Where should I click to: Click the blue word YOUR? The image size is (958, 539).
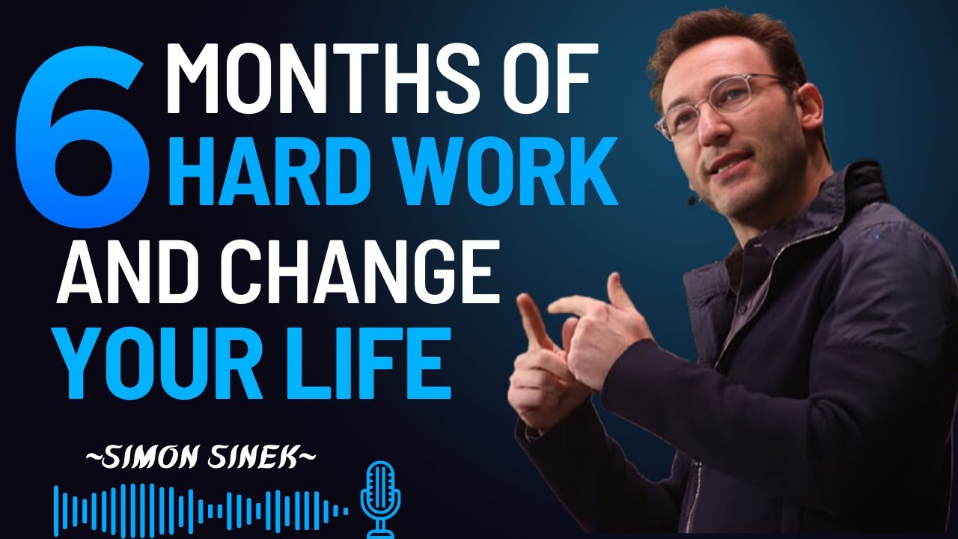pos(171,367)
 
